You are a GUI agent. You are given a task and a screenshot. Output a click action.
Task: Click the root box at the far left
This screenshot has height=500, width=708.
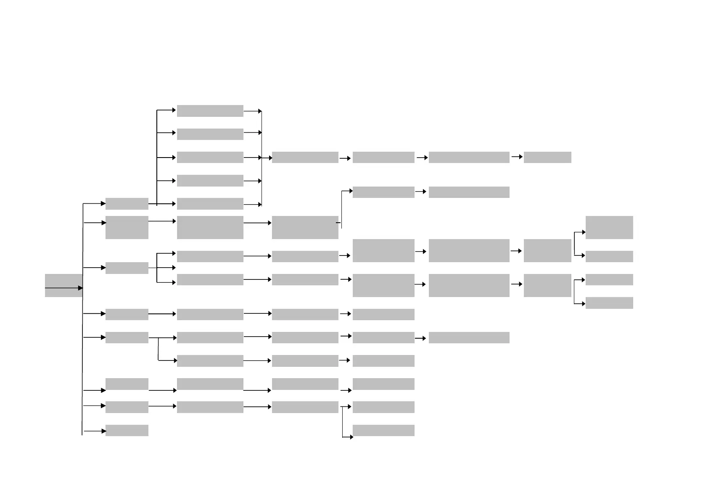pyautogui.click(x=63, y=285)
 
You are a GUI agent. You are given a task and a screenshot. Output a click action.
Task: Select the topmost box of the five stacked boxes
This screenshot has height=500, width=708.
pyautogui.click(x=210, y=111)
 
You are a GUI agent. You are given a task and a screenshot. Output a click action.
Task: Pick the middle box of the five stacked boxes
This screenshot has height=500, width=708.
pyautogui.click(x=210, y=158)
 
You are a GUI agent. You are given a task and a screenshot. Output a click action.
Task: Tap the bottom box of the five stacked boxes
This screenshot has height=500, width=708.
pyautogui.click(x=210, y=204)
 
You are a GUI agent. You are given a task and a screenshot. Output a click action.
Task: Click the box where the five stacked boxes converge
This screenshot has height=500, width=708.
pyautogui.click(x=305, y=158)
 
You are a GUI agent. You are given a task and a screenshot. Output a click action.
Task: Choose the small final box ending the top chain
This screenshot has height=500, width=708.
pyautogui.click(x=547, y=158)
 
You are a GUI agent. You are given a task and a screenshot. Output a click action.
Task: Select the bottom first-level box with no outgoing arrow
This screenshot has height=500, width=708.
pyautogui.click(x=127, y=431)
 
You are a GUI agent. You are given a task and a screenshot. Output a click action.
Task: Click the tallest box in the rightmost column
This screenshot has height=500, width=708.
pyautogui.click(x=609, y=227)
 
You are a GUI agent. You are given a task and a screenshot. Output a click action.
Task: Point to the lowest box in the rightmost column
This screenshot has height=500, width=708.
pyautogui.click(x=609, y=303)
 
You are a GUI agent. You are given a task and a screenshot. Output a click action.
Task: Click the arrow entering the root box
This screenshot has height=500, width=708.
pyautogui.click(x=63, y=288)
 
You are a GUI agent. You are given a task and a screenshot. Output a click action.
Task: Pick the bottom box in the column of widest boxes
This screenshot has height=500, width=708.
pyautogui.click(x=469, y=337)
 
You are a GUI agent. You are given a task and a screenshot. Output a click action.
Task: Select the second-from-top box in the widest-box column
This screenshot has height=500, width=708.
pyautogui.click(x=469, y=192)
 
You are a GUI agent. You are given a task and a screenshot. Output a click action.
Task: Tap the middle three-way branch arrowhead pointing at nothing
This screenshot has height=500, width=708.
pyautogui.click(x=173, y=268)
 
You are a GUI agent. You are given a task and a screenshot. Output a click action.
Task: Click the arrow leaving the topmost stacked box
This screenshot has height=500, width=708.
pyautogui.click(x=252, y=111)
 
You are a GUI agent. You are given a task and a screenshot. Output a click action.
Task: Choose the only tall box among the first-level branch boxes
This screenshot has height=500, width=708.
pyautogui.click(x=127, y=227)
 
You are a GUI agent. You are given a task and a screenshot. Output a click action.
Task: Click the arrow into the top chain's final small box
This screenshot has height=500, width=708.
pyautogui.click(x=517, y=157)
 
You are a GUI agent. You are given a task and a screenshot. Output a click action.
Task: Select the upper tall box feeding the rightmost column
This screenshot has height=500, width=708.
pyautogui.click(x=547, y=250)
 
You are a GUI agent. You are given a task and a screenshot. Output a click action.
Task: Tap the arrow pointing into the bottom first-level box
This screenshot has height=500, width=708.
pyautogui.click(x=94, y=431)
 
